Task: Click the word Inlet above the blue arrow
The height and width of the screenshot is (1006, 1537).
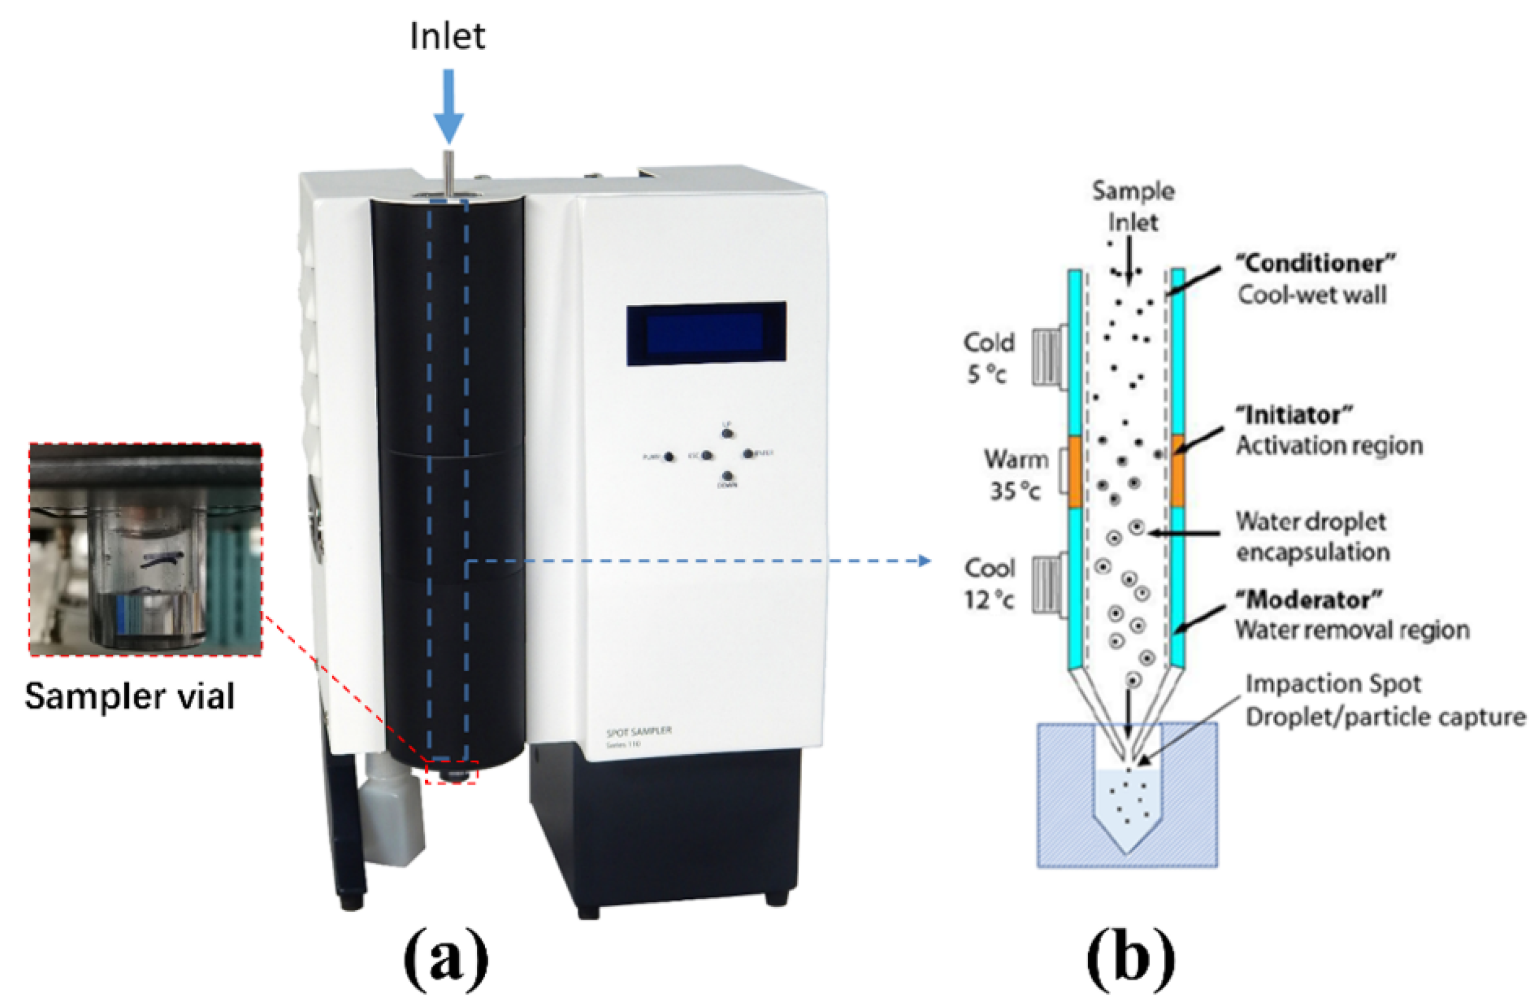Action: [x=447, y=36]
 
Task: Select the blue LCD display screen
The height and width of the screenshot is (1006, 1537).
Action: [x=706, y=334]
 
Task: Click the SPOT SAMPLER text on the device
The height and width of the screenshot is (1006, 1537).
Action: [x=638, y=731]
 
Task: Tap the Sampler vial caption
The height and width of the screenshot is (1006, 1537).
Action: [x=129, y=696]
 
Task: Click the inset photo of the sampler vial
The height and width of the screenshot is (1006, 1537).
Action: [x=145, y=549]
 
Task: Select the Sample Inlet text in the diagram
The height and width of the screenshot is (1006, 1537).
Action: [x=1132, y=206]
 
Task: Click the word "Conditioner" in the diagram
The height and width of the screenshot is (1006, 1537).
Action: [x=1315, y=264]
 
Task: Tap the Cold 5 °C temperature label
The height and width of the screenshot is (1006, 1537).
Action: [x=988, y=358]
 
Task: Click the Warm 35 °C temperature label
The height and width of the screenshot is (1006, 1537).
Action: [x=1015, y=475]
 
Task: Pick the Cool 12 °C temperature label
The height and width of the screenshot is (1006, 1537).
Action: [x=989, y=584]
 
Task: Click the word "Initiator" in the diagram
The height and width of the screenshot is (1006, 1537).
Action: [x=1294, y=415]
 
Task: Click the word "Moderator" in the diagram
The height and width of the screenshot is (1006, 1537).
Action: [x=1308, y=599]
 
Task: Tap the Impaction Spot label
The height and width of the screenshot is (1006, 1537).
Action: [x=1333, y=684]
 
